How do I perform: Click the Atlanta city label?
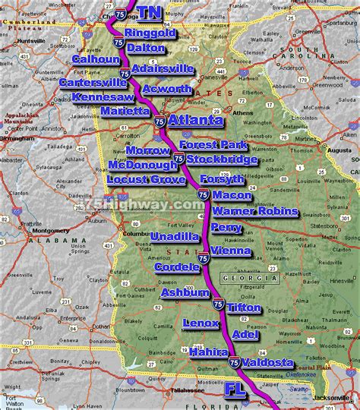[196, 120]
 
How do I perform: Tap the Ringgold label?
[150, 34]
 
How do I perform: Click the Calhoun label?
[96, 59]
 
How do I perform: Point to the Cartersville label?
[94, 83]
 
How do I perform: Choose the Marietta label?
[125, 111]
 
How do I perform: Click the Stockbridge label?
[222, 159]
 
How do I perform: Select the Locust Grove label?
[146, 179]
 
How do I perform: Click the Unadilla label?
[175, 237]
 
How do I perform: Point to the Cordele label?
[177, 266]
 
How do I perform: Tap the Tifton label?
[244, 308]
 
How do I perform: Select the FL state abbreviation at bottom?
[238, 389]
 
